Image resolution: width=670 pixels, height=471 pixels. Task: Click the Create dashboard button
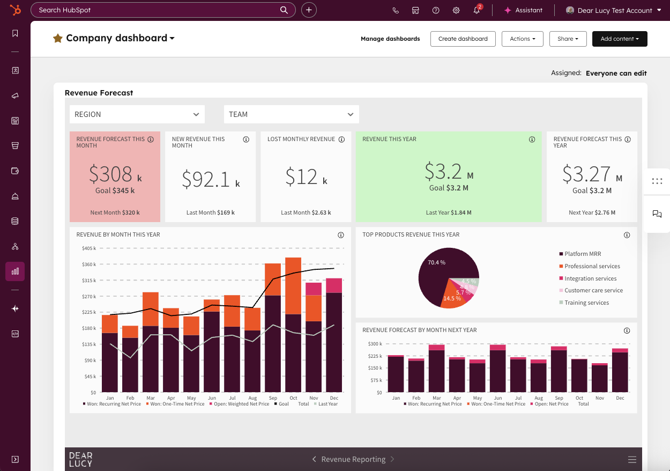click(x=463, y=39)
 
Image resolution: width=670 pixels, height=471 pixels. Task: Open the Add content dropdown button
click(x=620, y=39)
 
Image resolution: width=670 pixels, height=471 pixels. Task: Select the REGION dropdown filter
click(x=137, y=114)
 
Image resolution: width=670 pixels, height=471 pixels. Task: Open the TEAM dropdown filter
click(x=292, y=114)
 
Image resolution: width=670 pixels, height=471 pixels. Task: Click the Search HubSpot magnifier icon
click(x=284, y=10)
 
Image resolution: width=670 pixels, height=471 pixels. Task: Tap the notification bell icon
click(x=477, y=10)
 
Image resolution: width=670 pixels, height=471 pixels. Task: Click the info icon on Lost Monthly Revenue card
click(x=341, y=139)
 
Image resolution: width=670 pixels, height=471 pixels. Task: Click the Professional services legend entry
click(x=590, y=266)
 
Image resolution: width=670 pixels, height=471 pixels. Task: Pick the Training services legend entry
click(x=584, y=303)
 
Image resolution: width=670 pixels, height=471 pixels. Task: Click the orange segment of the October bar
click(x=293, y=286)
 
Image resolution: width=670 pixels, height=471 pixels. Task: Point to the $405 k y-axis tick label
click(x=89, y=248)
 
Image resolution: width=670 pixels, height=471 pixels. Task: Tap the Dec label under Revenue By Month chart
click(x=334, y=398)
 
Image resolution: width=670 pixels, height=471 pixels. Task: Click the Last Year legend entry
click(x=326, y=404)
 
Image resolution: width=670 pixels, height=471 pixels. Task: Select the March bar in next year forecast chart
click(x=436, y=369)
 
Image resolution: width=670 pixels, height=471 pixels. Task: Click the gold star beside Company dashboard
click(x=58, y=38)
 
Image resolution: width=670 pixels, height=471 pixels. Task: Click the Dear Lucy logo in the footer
click(x=81, y=459)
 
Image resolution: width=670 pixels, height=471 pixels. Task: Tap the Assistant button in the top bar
click(x=524, y=10)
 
